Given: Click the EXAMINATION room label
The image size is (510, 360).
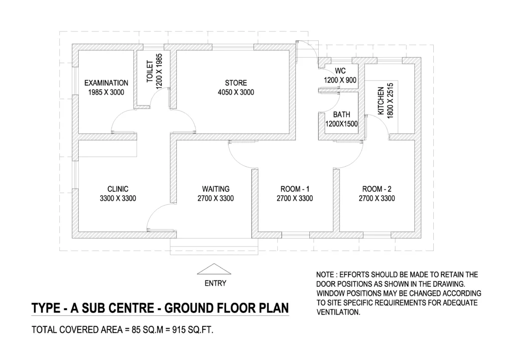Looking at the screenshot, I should (106, 83).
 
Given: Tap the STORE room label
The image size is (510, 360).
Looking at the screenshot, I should (236, 83).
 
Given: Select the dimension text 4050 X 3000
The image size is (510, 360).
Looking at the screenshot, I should (236, 93).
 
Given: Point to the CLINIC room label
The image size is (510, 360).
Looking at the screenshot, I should (118, 189).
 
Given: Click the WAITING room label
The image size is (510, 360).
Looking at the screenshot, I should (216, 189).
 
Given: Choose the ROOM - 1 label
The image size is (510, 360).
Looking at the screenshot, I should (294, 189).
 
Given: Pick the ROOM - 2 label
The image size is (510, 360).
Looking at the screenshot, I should (377, 189).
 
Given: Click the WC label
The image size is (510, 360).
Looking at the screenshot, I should (340, 70).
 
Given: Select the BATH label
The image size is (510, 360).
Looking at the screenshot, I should (341, 115).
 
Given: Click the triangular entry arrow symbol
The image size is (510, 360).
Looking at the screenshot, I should (215, 269).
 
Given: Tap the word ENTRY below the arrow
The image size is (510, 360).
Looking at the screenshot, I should (215, 283).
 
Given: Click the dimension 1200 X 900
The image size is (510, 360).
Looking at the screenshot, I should (340, 80).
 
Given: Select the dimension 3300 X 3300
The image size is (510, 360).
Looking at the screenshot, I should (118, 198).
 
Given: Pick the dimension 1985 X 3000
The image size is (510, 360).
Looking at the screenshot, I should (106, 93).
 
